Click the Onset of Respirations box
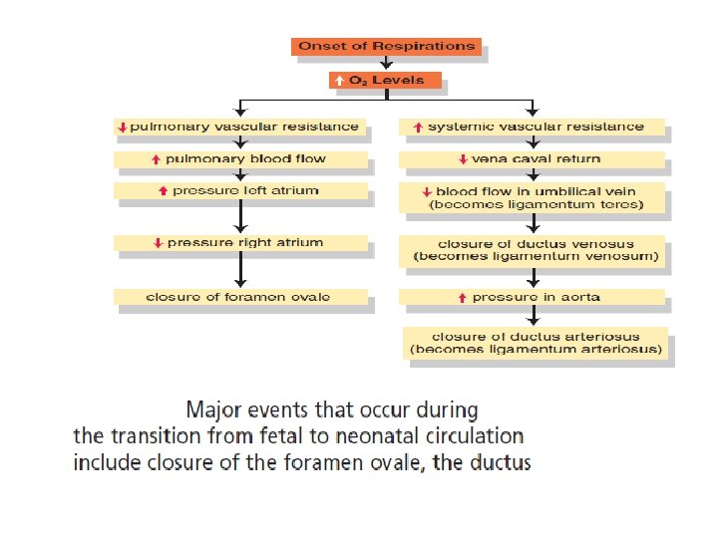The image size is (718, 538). (x=386, y=46)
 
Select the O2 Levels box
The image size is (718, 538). (x=385, y=81)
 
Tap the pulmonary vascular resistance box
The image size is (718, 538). (x=240, y=128)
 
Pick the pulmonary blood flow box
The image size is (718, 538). (x=240, y=158)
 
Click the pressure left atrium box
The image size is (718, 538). (x=240, y=190)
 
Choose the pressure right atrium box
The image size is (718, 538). (x=240, y=242)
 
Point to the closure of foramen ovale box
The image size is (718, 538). (x=240, y=297)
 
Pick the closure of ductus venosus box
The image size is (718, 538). (x=535, y=250)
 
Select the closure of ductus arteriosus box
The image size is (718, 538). (x=537, y=343)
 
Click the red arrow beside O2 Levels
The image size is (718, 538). (x=339, y=81)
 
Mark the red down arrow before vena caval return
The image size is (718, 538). (x=463, y=159)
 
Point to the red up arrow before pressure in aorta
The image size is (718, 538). (x=462, y=297)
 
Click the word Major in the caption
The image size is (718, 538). (x=211, y=409)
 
